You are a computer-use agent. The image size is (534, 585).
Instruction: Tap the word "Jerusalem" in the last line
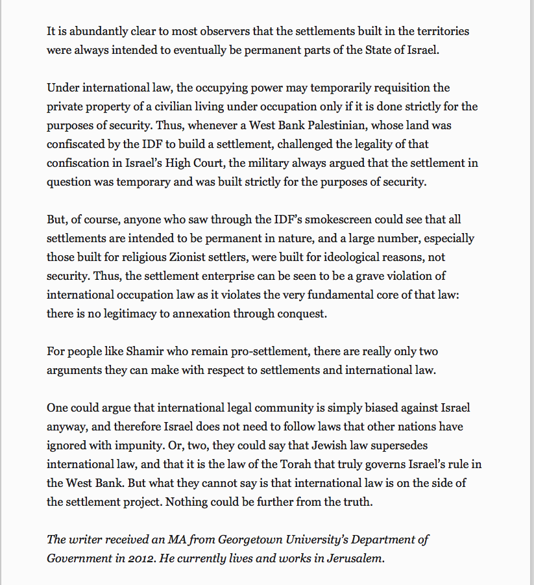[358, 558]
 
